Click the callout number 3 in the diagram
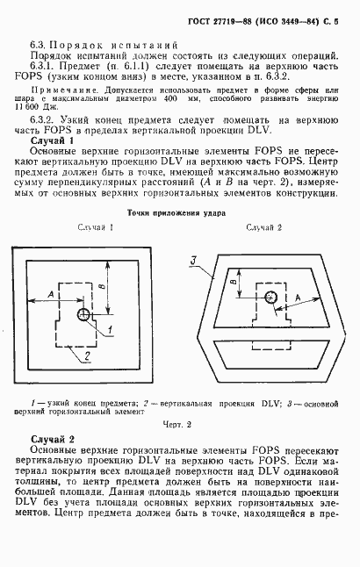click(x=196, y=261)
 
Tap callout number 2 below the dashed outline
click(x=87, y=355)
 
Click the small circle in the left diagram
click(x=83, y=315)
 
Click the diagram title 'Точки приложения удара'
click(x=176, y=237)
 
